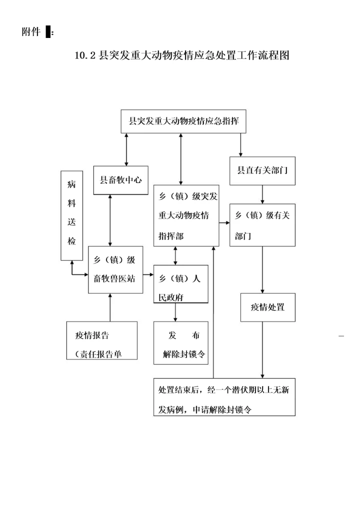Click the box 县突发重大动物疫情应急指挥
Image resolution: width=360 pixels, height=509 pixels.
tap(183, 121)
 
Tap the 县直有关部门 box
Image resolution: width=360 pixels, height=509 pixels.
tap(262, 172)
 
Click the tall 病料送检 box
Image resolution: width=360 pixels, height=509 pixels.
tap(71, 215)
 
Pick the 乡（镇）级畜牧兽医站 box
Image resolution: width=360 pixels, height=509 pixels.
tap(114, 270)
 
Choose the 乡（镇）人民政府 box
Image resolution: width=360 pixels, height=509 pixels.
tap(180, 283)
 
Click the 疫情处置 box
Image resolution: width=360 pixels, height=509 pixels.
tap(267, 307)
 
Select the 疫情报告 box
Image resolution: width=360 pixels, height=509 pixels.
tap(101, 340)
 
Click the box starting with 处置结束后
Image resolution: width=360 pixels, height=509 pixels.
tap(224, 397)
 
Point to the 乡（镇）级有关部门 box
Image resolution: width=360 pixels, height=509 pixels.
tap(262, 225)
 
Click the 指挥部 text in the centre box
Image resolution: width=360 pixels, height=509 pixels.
tap(171, 235)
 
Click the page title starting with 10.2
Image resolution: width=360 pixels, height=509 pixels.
tap(182, 55)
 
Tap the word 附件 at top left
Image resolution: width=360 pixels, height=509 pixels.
tap(31, 32)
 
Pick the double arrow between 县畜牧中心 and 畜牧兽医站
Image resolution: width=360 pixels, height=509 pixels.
tap(109, 220)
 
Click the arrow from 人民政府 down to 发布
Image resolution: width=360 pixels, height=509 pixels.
tap(175, 312)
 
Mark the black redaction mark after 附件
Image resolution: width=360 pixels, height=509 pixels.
tap(48, 32)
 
